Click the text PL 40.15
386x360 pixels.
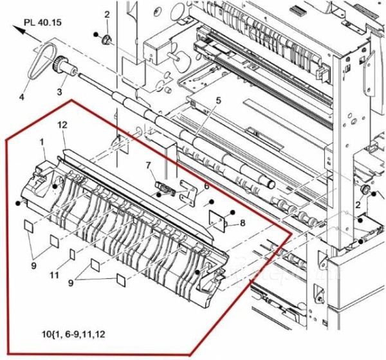click(42, 21)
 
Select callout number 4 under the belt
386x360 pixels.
click(21, 98)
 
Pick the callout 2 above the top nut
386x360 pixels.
click(107, 14)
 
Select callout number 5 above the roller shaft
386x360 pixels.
click(218, 100)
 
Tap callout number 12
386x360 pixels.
click(63, 124)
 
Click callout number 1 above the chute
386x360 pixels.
click(42, 141)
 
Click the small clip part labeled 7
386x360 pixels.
click(165, 189)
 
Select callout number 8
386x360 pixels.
click(243, 223)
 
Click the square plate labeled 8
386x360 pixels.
click(219, 221)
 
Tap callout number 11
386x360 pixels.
click(55, 275)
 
